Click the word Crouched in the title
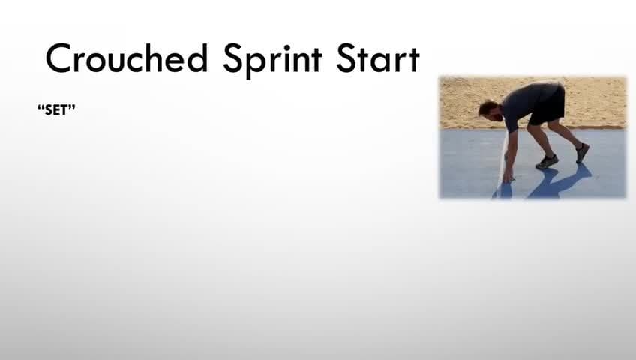tap(127, 58)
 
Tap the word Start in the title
tap(377, 58)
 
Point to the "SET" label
tap(56, 109)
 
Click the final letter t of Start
tap(413, 60)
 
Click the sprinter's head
tap(488, 109)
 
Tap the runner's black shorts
tap(548, 106)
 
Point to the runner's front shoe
tap(547, 161)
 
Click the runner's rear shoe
tap(582, 152)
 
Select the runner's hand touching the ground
tap(508, 177)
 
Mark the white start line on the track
tap(500, 161)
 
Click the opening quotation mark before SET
tap(39, 107)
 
